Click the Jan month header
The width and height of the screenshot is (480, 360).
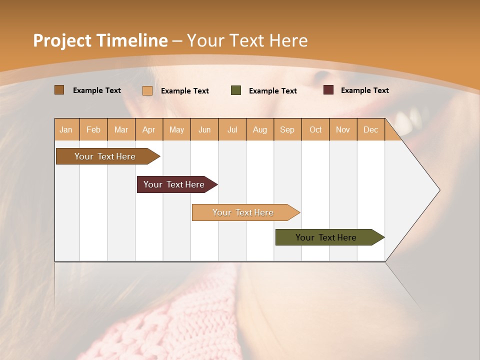click(x=66, y=130)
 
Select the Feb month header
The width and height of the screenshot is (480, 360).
click(x=93, y=130)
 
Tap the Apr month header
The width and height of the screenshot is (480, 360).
click(x=148, y=130)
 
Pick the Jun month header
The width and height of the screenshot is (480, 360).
click(x=204, y=130)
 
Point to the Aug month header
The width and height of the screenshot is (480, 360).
click(x=259, y=130)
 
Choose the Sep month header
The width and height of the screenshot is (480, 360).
click(x=287, y=130)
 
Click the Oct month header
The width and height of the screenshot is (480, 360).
click(x=315, y=130)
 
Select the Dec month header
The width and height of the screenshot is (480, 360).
click(x=370, y=130)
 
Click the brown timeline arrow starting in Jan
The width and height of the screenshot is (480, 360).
click(x=105, y=156)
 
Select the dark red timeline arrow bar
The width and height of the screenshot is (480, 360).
click(x=174, y=184)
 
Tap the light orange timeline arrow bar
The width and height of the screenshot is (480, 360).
click(x=243, y=212)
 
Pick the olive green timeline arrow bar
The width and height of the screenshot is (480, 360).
click(x=326, y=237)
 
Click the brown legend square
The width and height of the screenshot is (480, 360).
click(x=59, y=90)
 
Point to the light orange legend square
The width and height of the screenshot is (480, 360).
click(x=147, y=90)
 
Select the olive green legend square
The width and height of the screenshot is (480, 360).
click(x=236, y=90)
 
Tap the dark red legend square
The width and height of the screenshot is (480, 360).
click(x=328, y=90)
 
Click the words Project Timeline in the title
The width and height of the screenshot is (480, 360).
click(x=100, y=40)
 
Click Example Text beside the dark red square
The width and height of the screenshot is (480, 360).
click(x=364, y=90)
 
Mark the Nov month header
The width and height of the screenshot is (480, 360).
click(x=343, y=130)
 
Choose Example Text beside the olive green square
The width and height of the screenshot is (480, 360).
click(x=272, y=91)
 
